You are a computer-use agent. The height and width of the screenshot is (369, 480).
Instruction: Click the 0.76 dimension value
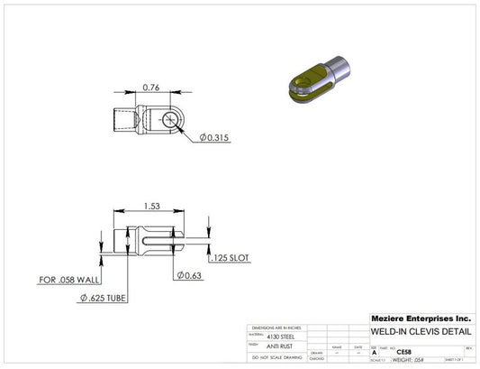coord(150,88)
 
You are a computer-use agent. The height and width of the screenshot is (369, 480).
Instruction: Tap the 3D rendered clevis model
coord(321,76)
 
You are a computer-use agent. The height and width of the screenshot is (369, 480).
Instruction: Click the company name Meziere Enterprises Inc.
coord(421,318)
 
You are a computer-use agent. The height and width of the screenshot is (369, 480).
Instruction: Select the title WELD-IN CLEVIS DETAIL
coord(421,331)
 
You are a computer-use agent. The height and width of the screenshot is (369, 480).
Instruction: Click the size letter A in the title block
coord(375,353)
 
